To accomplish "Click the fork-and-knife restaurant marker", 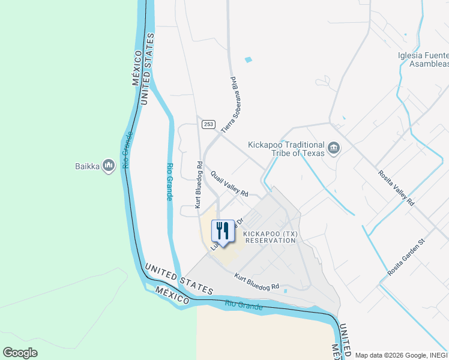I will [223, 230].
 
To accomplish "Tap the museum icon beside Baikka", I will [109, 165].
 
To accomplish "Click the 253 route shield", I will [208, 124].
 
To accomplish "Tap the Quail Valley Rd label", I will [229, 184].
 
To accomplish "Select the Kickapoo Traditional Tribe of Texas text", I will [287, 149].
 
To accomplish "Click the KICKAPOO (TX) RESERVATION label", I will [270, 236].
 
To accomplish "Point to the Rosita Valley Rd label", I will [396, 188].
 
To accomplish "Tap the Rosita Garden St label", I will [406, 257].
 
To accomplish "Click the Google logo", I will [20, 353].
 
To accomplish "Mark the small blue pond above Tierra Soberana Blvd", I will [249, 59].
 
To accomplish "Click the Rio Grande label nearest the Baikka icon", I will [127, 149].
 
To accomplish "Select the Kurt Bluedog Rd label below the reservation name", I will [257, 283].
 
